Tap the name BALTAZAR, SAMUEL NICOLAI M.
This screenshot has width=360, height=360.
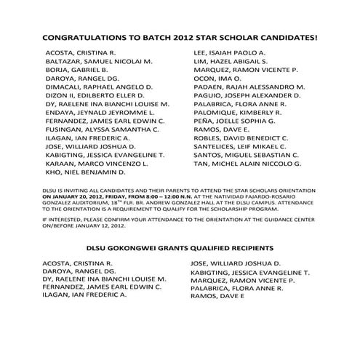(x=98, y=63)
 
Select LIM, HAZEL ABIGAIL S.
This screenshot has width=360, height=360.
(x=226, y=63)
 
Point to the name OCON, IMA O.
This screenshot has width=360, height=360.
(x=212, y=80)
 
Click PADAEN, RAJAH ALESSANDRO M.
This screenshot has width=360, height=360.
(x=244, y=88)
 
